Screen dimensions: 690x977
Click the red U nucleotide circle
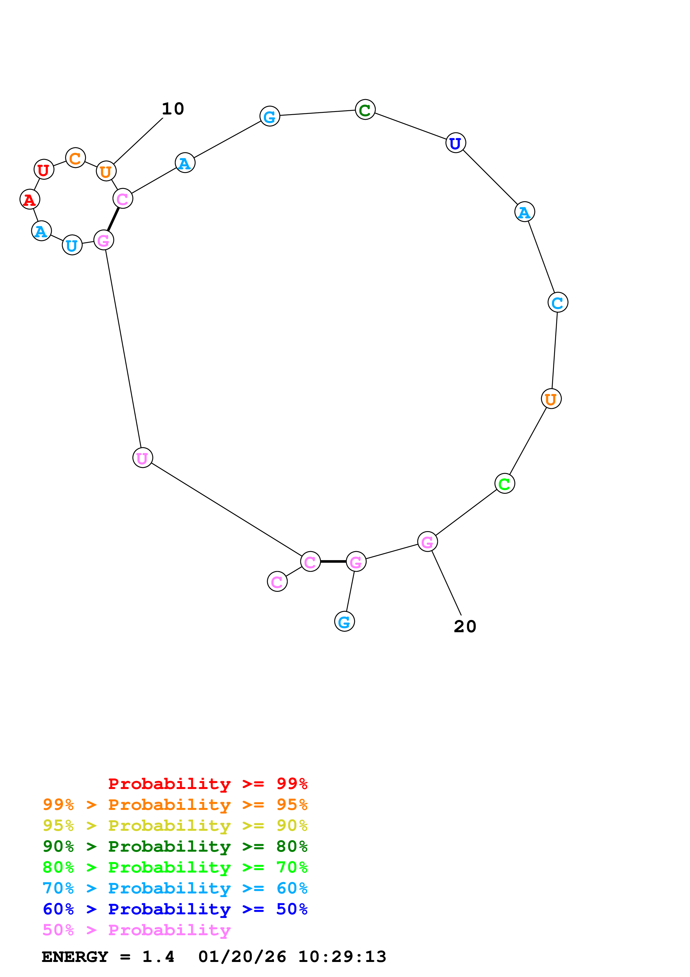(x=44, y=169)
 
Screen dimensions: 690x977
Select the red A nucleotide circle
(x=30, y=199)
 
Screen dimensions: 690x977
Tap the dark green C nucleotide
(x=365, y=110)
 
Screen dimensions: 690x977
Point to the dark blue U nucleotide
(x=455, y=143)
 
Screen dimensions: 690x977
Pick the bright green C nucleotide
(x=504, y=483)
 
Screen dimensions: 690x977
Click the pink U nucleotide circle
(x=143, y=458)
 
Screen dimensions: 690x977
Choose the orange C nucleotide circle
(x=75, y=158)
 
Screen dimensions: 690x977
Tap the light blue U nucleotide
(x=72, y=245)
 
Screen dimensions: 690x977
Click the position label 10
(x=173, y=109)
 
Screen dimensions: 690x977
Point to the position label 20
(x=465, y=626)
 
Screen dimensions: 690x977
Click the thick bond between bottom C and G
(x=333, y=562)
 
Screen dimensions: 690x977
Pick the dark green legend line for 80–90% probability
(x=175, y=846)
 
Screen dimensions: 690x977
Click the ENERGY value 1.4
(x=158, y=957)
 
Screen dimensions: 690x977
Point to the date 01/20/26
(x=242, y=957)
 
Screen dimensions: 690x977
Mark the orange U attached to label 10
(x=106, y=171)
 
